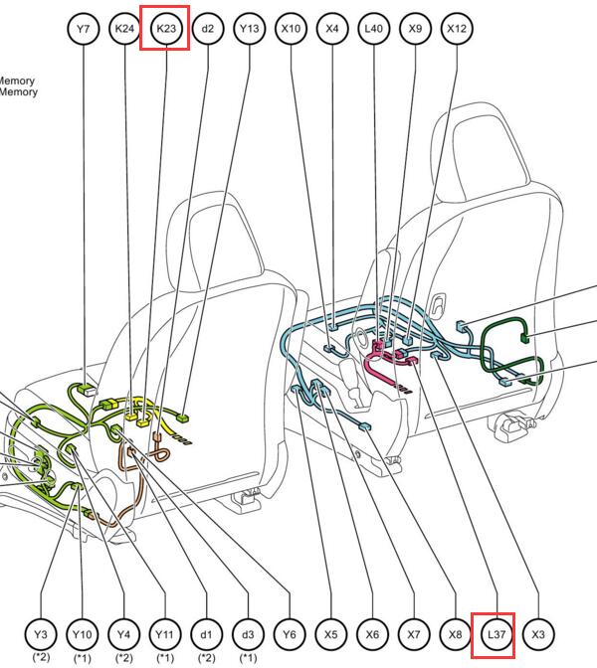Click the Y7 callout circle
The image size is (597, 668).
point(84,29)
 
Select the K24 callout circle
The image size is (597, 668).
point(124,29)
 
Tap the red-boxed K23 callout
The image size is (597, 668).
point(166,29)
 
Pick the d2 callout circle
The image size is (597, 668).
point(208,29)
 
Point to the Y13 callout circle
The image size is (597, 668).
point(249,29)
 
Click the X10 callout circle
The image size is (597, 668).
point(291,29)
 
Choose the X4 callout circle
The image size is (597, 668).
point(332,29)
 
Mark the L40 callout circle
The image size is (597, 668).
point(373,29)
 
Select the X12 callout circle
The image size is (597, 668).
point(457,29)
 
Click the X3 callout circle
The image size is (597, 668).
point(538,635)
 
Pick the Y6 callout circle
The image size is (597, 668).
point(290,635)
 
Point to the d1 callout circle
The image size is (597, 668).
point(206,635)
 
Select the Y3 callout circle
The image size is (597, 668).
point(41,635)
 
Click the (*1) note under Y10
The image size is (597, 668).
point(82,658)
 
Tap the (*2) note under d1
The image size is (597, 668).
point(206,658)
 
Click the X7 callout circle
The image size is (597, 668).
point(414,635)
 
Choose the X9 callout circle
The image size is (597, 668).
point(415,29)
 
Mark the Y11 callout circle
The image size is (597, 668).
point(165,635)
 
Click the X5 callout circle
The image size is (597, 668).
point(331,635)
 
